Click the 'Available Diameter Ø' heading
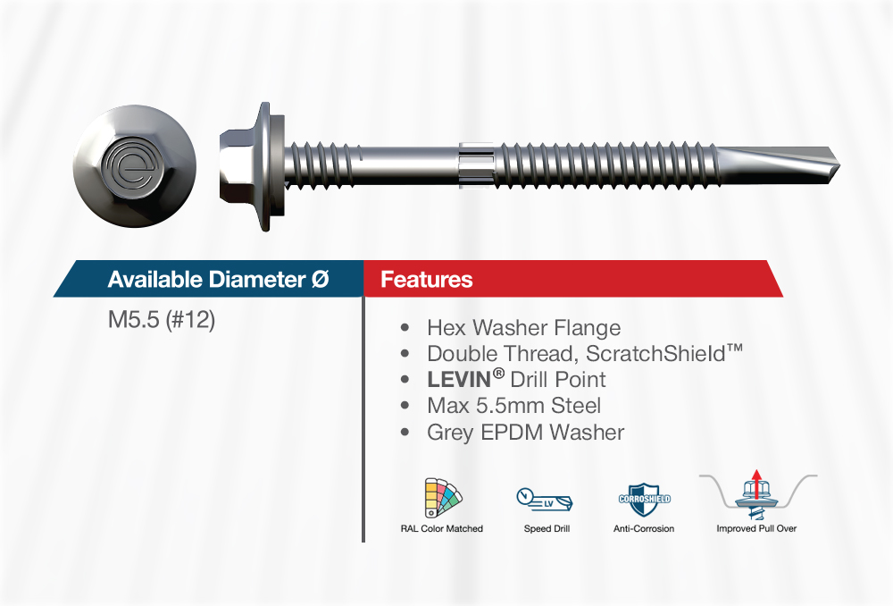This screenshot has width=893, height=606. [x=218, y=280]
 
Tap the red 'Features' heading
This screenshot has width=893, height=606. [x=427, y=280]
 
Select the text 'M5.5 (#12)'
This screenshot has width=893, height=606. [x=161, y=320]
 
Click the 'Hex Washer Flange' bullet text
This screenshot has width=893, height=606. [x=524, y=328]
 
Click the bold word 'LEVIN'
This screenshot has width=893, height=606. [x=459, y=380]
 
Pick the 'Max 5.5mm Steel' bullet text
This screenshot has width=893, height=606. [x=513, y=406]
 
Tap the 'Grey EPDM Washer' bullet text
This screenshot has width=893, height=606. [x=526, y=432]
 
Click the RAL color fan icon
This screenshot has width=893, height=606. [x=443, y=498]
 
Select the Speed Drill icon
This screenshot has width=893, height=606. [x=545, y=500]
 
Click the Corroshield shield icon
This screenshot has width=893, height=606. [x=644, y=500]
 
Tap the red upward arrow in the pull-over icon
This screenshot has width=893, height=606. [x=755, y=484]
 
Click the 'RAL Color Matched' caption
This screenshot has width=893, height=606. [x=441, y=528]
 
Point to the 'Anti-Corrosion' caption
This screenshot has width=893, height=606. [x=644, y=528]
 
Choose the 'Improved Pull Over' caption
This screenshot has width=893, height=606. [x=756, y=528]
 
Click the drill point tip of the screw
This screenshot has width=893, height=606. [x=839, y=166]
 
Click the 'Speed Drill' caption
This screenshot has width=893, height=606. [x=547, y=528]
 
